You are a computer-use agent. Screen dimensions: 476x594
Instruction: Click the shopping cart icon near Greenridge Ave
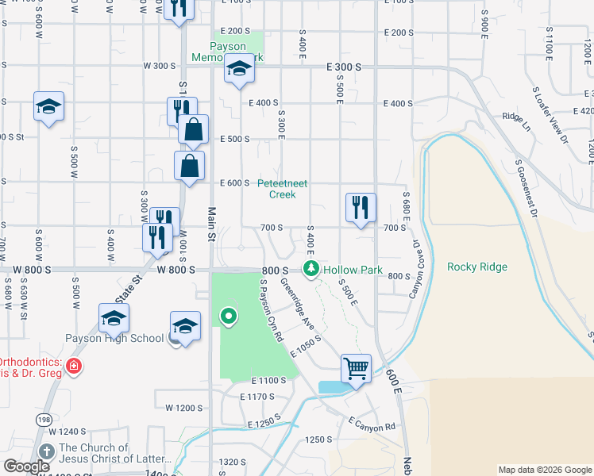357,368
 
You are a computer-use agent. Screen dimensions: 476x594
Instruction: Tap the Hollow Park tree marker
312,270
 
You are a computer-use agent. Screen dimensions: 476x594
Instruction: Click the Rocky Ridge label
476,267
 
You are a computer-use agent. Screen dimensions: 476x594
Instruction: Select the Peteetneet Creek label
283,188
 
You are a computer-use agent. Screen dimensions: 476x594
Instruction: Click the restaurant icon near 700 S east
361,208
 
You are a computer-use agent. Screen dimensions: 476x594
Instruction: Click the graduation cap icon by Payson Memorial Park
238,70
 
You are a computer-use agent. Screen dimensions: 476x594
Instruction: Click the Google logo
27,466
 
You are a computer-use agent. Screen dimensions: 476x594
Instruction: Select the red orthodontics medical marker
72,366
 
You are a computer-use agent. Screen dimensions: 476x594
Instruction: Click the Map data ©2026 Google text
544,470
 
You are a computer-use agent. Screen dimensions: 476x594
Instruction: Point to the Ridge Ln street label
516,117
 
